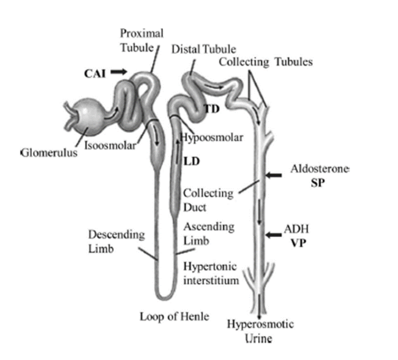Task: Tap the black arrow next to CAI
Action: pos(119,72)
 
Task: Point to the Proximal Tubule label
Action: pos(142,40)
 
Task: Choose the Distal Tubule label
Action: pos(204,49)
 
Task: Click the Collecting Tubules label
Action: pos(265,62)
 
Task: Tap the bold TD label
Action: pos(212,109)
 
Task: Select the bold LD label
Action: pos(192,161)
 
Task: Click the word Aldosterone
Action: pos(319,169)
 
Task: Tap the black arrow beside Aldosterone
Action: pos(274,175)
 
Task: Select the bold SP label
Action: pos(318,182)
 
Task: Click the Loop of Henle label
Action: pos(174,317)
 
